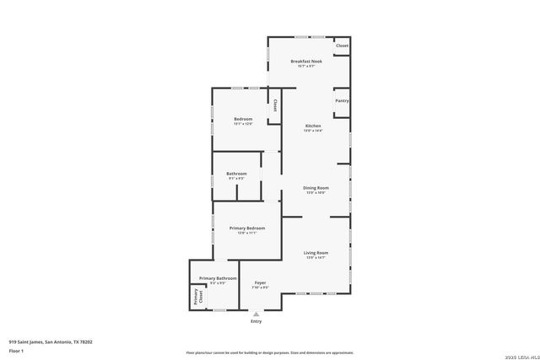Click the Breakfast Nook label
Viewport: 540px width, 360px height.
click(306, 62)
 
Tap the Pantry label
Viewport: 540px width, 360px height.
click(342, 100)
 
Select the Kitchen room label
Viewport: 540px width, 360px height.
click(313, 126)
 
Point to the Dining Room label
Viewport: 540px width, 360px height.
click(316, 188)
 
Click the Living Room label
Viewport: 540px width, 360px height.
click(316, 253)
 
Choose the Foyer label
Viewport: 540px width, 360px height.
click(260, 282)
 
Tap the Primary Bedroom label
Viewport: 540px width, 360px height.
click(247, 228)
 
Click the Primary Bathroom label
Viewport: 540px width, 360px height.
click(218, 278)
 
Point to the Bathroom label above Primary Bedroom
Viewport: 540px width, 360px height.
click(236, 174)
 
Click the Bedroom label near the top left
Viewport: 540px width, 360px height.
click(243, 119)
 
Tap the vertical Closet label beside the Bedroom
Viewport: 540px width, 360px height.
click(275, 106)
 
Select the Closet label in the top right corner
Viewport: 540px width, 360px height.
click(342, 46)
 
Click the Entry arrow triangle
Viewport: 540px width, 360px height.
click(256, 314)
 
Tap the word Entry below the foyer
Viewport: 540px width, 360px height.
click(256, 321)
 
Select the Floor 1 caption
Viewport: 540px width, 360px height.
click(16, 350)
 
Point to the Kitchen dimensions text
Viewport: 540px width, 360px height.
click(313, 131)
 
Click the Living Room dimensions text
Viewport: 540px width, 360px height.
click(316, 258)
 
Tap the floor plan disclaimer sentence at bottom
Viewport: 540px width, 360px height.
click(270, 353)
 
